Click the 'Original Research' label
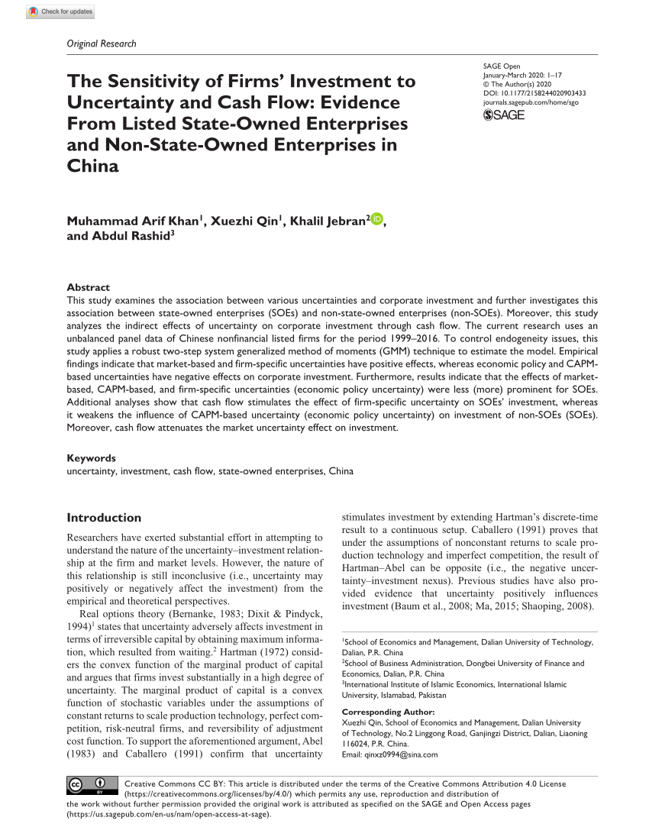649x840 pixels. coord(102,44)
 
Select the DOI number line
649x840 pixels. coord(534,92)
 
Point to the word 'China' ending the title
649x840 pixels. coord(94,166)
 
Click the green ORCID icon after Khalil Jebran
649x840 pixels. coord(377,220)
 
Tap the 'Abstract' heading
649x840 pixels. coord(89,287)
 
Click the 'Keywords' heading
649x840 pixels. coord(92,458)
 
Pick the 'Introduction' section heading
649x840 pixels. coord(104,517)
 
